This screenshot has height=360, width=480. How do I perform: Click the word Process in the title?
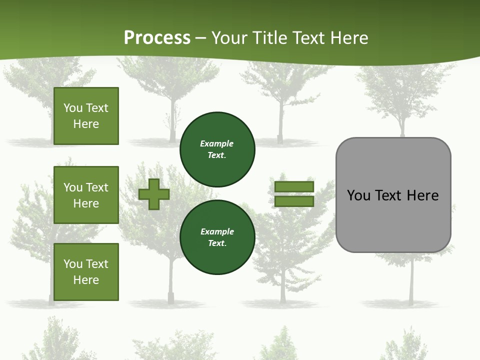tap(157, 38)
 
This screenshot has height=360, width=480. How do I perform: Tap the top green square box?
tap(86, 116)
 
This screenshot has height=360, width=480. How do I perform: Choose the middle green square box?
tap(86, 195)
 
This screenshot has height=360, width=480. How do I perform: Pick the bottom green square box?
tap(86, 272)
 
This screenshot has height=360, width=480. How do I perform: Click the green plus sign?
tap(154, 194)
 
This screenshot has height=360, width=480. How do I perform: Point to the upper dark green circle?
tap(217, 149)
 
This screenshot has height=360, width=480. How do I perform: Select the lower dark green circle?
tap(217, 237)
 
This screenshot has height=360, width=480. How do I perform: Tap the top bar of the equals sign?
tap(294, 187)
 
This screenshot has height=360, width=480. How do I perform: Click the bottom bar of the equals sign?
tap(294, 201)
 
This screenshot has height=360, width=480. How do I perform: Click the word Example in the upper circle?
tap(216, 143)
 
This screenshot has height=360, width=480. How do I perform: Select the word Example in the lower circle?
tap(217, 231)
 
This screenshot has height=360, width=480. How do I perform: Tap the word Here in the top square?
tap(86, 124)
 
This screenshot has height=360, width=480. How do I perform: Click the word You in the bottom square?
tap(73, 264)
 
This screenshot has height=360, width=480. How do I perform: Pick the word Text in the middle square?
tap(97, 187)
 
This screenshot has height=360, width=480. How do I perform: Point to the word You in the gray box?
tap(358, 195)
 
